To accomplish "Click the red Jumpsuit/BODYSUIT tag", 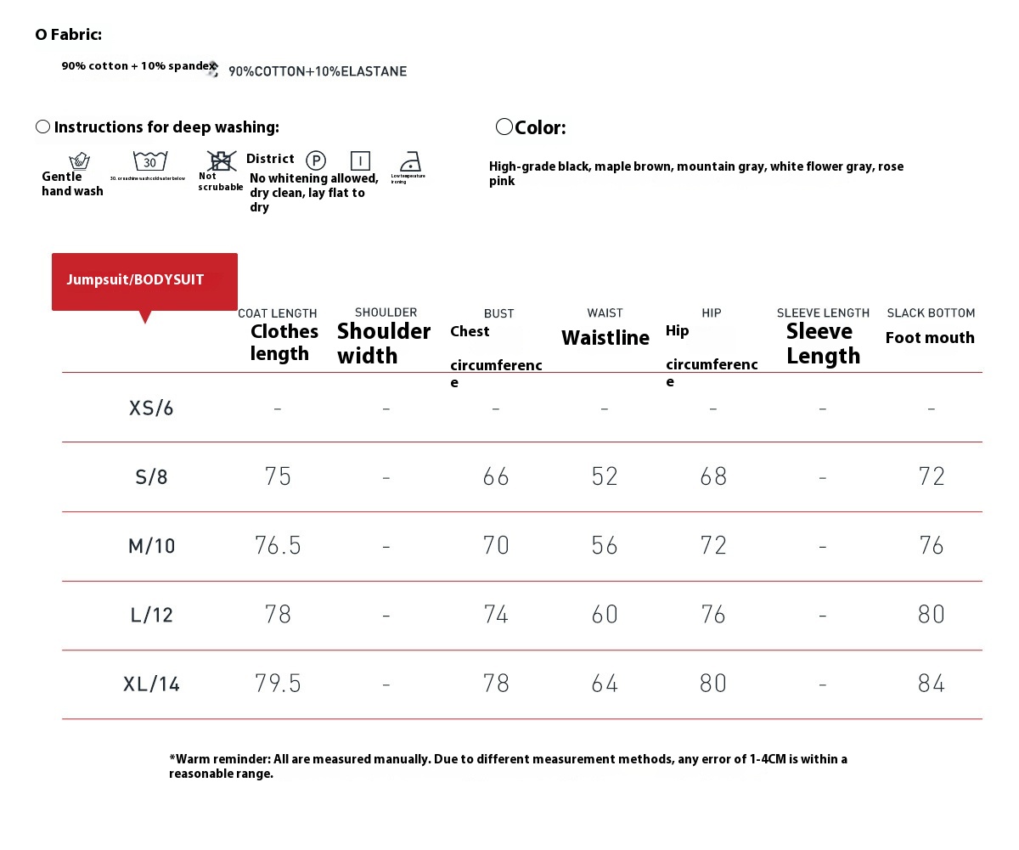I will click(144, 281).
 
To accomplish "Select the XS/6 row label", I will click(151, 408).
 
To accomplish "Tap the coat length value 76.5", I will click(278, 545).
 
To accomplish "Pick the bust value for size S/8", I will click(496, 476).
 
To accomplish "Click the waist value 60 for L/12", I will click(605, 614).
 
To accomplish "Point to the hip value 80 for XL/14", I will click(713, 684).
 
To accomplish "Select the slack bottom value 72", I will click(932, 476).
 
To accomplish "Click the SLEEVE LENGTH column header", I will click(823, 313).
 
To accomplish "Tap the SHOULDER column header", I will click(386, 312).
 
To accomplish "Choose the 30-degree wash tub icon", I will click(149, 160).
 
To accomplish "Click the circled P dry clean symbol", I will click(316, 160).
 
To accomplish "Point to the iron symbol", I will click(410, 161).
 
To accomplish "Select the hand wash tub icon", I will click(79, 160).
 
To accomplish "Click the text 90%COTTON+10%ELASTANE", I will click(318, 71).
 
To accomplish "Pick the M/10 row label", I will click(151, 546).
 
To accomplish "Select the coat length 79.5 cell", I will click(278, 684).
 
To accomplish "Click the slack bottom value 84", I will click(932, 684).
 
